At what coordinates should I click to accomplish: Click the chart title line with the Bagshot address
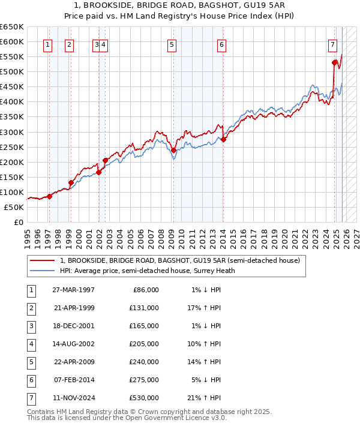(x=179, y=5)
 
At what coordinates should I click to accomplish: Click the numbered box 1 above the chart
(x=48, y=44)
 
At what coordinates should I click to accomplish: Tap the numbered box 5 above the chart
(x=172, y=44)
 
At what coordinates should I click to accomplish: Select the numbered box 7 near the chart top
(x=332, y=44)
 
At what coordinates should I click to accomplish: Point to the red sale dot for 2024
(x=334, y=62)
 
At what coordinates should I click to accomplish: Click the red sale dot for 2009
(x=173, y=150)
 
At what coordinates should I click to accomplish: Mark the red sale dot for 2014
(x=223, y=140)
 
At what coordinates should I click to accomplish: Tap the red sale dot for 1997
(x=50, y=196)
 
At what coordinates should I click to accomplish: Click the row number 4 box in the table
(x=31, y=344)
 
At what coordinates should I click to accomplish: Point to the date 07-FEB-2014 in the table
(x=74, y=380)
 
